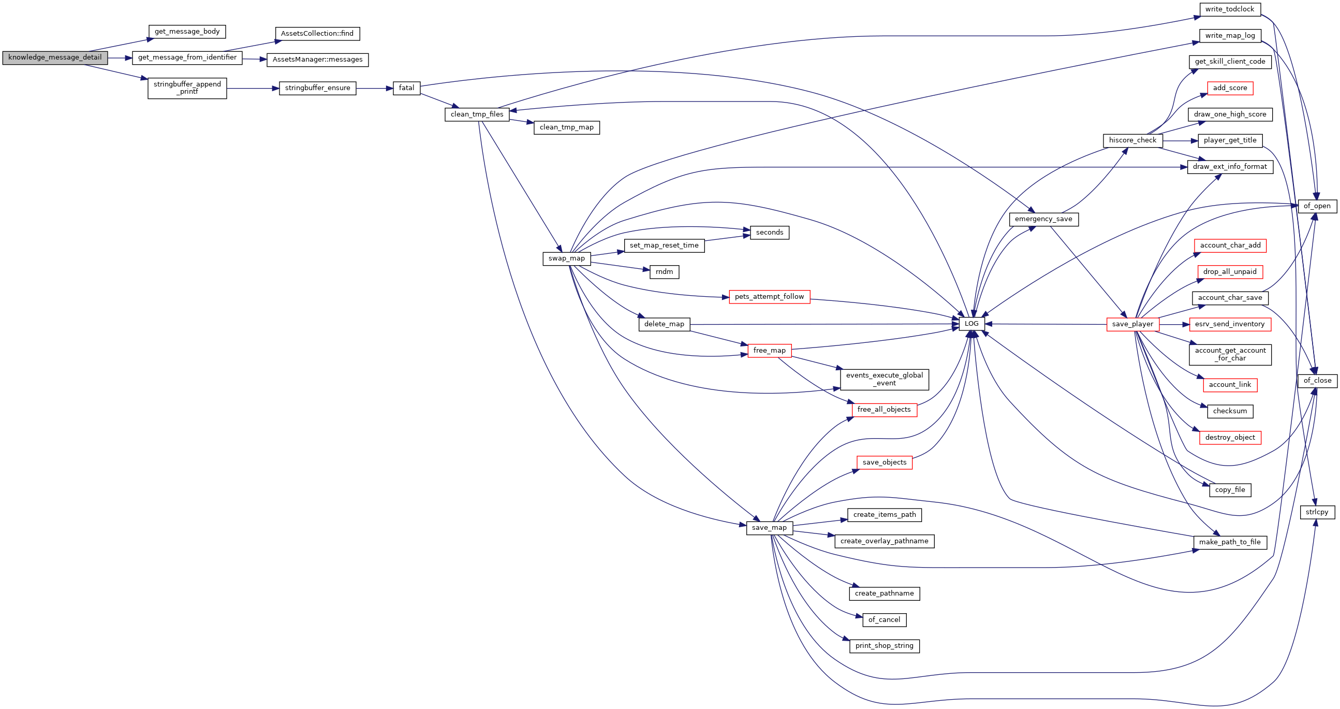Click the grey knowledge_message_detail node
55,58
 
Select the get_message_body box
187,32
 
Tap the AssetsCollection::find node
317,34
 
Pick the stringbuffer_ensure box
317,89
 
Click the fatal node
406,89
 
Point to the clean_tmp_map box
566,127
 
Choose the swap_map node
566,259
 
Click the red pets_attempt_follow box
769,297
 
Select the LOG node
971,324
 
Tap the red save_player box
1132,324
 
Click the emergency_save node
1043,219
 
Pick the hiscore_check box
1132,140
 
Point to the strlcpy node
1317,512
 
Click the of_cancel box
885,620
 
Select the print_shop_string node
885,646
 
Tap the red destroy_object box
1230,438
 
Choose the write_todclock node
1230,9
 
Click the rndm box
664,272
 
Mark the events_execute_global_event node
885,380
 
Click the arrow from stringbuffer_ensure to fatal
375,89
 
